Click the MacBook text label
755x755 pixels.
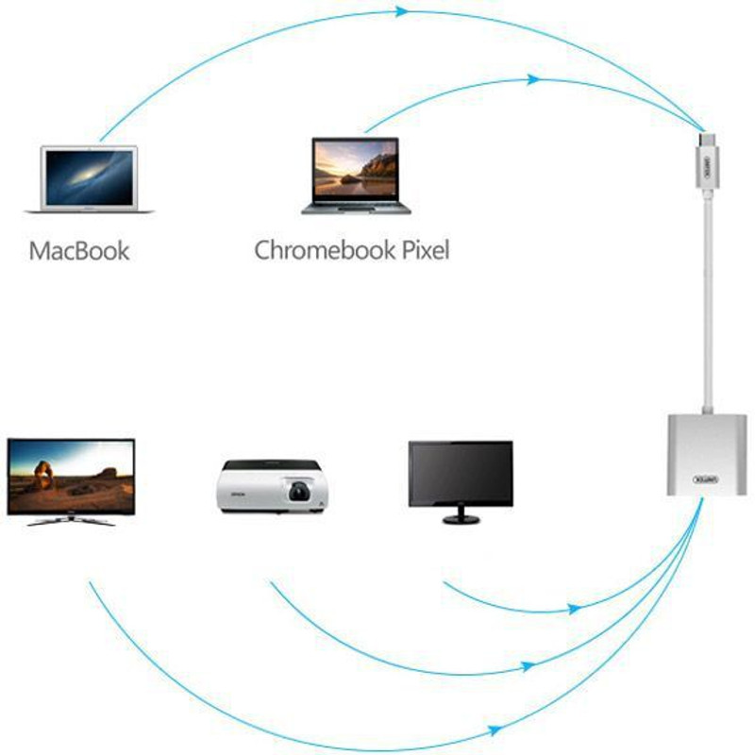coord(79,251)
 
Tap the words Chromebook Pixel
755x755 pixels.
coord(351,250)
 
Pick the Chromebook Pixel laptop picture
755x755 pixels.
coord(357,175)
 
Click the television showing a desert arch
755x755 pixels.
coord(71,477)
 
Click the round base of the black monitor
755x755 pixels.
coord(461,519)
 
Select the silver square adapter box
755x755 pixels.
coord(705,453)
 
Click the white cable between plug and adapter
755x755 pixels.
coord(707,302)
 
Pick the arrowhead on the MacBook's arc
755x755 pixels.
coord(403,12)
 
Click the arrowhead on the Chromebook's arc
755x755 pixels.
coord(534,80)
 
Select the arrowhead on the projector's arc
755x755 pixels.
coord(528,667)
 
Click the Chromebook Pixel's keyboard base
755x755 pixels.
coord(357,206)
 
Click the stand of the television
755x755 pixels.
coord(71,520)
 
